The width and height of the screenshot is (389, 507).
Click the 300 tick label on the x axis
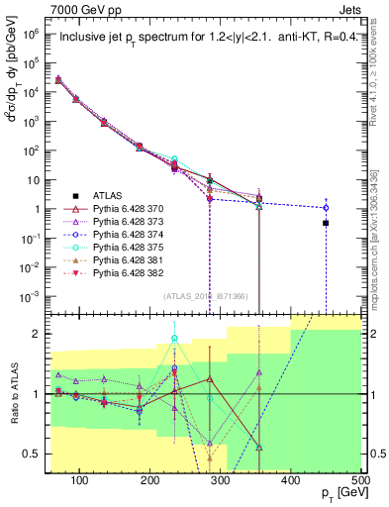coord(220,480)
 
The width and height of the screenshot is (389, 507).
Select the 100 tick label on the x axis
coord(80,480)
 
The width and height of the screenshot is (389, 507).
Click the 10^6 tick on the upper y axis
coord(32,33)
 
